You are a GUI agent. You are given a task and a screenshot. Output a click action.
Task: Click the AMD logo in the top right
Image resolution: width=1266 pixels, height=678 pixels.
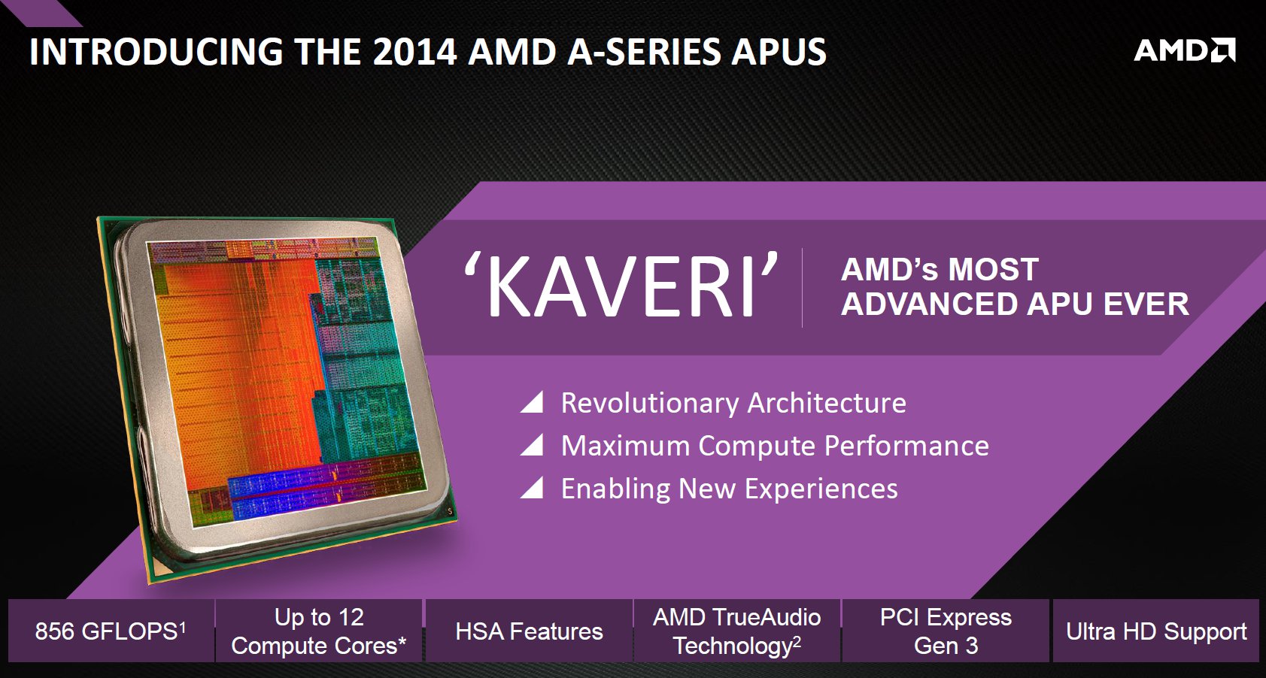coord(1184,50)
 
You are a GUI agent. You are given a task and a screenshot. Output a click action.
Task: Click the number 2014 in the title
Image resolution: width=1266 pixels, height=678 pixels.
coord(414,51)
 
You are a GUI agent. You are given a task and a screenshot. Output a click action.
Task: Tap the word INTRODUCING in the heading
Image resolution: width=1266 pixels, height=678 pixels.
coord(156,51)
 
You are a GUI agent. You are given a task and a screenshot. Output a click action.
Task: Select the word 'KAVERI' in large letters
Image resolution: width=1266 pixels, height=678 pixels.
coord(621,285)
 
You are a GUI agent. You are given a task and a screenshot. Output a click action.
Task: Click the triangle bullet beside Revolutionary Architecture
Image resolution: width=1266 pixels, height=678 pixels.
coord(532,402)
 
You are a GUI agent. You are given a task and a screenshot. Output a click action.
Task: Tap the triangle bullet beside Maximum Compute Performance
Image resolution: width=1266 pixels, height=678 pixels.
coord(532,445)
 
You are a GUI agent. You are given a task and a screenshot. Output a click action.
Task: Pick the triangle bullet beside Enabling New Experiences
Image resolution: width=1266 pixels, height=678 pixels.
coord(532,488)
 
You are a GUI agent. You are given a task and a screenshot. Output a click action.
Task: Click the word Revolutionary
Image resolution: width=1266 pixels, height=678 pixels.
coord(650,404)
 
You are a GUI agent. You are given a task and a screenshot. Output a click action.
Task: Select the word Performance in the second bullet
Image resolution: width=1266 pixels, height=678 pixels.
coord(906,446)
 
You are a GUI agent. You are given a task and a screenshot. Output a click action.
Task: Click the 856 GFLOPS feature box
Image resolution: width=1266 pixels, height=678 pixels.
coord(111,631)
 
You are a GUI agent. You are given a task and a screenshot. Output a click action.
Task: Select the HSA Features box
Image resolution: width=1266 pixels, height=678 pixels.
coord(529,631)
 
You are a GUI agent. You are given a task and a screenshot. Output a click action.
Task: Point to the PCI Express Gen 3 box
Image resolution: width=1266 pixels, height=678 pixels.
coord(946,631)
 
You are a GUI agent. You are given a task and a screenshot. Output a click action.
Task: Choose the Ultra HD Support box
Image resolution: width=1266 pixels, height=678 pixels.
coord(1156,631)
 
